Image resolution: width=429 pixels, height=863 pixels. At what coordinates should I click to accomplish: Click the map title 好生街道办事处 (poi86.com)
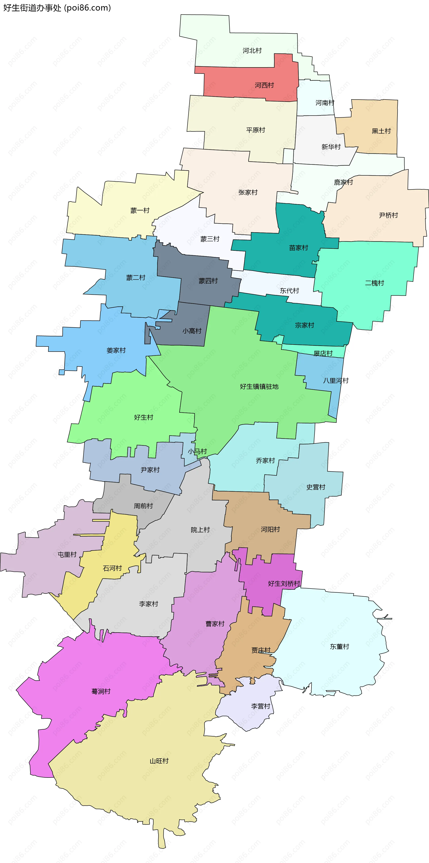57,8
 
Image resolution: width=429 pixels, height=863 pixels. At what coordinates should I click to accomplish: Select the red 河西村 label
264,85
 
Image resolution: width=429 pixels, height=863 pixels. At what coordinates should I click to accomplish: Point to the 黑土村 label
381,131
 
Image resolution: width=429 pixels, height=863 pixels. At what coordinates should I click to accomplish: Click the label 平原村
256,130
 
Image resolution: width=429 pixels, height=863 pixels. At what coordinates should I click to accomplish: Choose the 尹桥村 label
388,215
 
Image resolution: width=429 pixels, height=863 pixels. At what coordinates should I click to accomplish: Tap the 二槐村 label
374,283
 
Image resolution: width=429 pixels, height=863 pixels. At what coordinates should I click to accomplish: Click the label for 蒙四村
208,281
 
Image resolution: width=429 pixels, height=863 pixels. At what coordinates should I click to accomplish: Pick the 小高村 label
192,331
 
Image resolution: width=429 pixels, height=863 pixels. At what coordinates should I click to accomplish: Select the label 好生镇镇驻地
259,387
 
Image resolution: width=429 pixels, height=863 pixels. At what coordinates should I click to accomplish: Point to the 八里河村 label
336,381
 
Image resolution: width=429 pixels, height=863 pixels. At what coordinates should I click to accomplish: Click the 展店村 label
323,353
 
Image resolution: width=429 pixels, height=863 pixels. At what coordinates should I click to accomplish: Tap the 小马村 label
197,452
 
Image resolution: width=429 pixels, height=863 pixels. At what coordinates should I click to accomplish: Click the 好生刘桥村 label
284,584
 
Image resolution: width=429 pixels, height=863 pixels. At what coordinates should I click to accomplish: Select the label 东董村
339,647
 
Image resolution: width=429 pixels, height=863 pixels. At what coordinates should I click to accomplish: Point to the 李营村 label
261,706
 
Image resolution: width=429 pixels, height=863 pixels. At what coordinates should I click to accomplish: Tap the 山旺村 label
159,761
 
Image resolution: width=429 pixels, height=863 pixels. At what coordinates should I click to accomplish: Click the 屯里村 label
67,554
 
